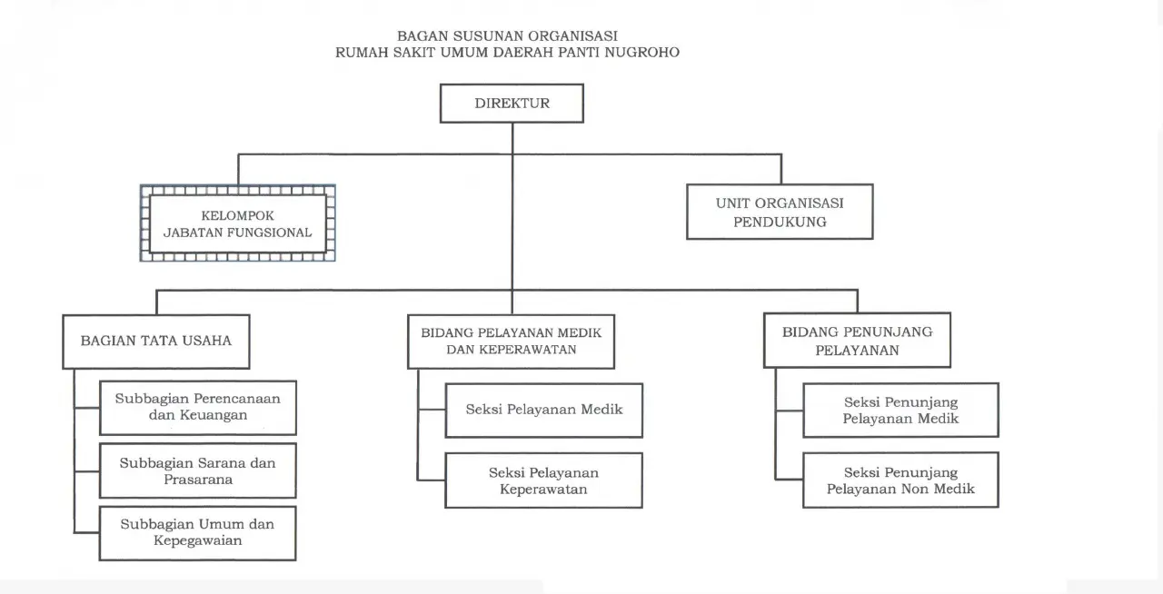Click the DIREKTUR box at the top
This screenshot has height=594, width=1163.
click(x=512, y=104)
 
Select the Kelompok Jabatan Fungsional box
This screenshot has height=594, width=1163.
click(x=238, y=223)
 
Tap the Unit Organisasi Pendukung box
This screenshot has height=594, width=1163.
click(x=780, y=212)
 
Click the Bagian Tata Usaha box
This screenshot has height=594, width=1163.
click(x=156, y=342)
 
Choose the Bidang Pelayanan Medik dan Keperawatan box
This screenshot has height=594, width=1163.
click(x=511, y=342)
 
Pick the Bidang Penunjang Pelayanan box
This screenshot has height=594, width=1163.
click(x=857, y=341)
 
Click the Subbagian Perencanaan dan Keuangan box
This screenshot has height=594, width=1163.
click(x=198, y=407)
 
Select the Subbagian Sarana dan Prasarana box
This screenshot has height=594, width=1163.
click(x=198, y=470)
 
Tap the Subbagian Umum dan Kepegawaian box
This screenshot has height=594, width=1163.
click(x=198, y=532)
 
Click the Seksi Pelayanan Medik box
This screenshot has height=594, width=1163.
click(x=543, y=410)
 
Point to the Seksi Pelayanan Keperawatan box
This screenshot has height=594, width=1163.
click(x=543, y=480)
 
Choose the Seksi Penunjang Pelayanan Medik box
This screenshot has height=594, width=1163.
click(x=900, y=410)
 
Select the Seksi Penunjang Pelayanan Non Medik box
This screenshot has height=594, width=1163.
click(x=900, y=480)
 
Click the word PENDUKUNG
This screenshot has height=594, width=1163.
click(x=780, y=222)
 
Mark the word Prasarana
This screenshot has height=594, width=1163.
click(x=198, y=480)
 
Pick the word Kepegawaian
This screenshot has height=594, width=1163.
click(x=198, y=541)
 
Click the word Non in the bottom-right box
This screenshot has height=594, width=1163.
click(x=927, y=490)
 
